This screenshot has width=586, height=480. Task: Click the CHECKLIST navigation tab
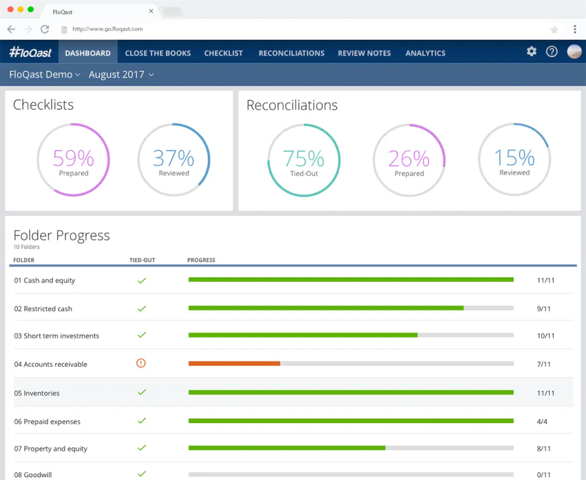tap(223, 53)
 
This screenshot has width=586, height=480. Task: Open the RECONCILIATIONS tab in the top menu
tap(292, 53)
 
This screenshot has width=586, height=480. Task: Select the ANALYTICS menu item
tap(425, 53)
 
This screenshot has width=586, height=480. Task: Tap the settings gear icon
tap(532, 51)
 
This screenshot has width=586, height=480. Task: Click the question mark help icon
tap(552, 52)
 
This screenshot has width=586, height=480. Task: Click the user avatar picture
tap(574, 52)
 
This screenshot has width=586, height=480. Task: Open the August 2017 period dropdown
tap(121, 75)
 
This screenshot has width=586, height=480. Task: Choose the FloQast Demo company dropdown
tap(45, 75)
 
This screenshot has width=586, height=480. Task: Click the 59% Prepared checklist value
tap(73, 158)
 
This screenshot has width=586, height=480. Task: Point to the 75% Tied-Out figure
tap(303, 158)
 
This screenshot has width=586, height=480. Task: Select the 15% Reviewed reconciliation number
tap(514, 158)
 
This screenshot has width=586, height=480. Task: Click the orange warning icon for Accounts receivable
tap(141, 363)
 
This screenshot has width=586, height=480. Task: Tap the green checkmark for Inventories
tap(142, 392)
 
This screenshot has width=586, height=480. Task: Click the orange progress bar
tap(234, 364)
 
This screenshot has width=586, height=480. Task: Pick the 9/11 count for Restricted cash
tap(544, 309)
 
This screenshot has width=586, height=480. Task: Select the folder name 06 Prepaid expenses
tap(47, 421)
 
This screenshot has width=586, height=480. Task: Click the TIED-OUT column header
tap(142, 260)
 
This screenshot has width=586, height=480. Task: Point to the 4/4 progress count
tap(542, 421)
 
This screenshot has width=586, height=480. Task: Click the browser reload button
tap(45, 29)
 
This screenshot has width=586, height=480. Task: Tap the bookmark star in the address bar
tap(554, 29)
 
